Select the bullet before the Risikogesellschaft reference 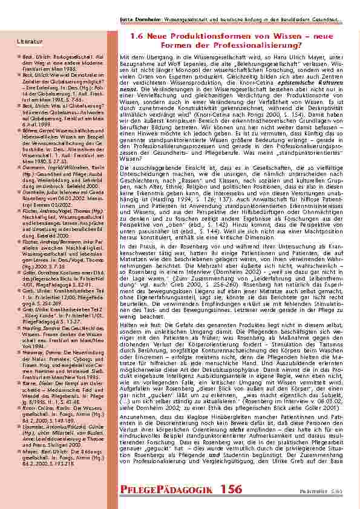click(20, 55)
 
